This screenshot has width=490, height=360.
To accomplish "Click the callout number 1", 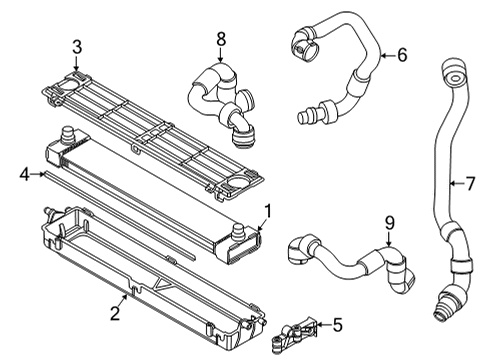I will pos(267,210).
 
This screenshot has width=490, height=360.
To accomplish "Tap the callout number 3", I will pos(76,46).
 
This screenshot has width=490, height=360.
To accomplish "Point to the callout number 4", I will pos(23,176).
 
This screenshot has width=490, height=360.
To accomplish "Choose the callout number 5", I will pos(337,324).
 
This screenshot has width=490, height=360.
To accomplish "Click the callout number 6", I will pos(401,55).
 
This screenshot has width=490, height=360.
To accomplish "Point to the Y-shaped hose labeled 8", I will pos(220,95).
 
